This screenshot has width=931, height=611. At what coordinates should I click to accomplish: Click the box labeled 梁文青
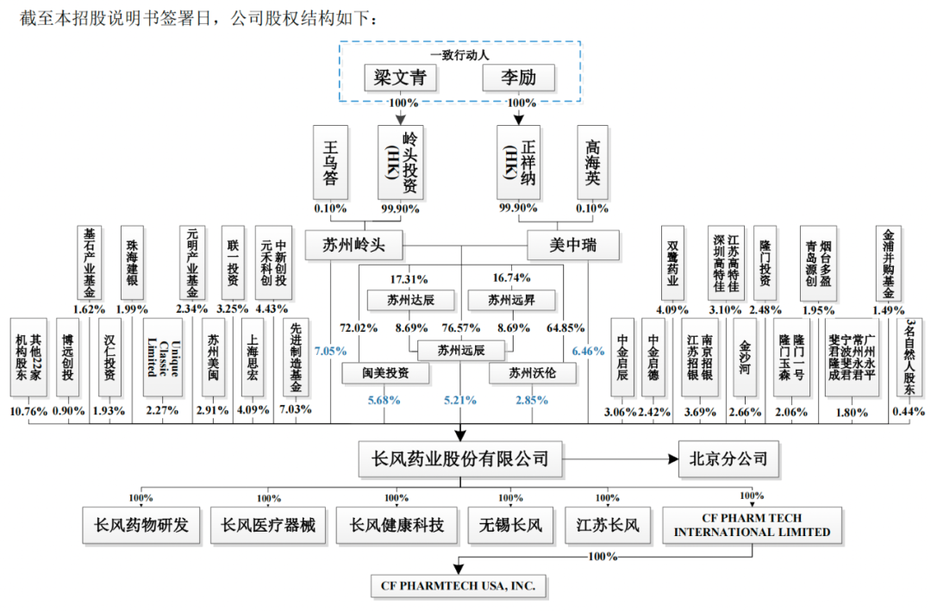coord(400,78)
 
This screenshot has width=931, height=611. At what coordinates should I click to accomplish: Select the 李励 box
coord(518,78)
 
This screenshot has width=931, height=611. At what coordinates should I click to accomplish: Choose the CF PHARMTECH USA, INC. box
coord(459,585)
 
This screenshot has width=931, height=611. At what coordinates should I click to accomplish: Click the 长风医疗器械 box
coord(268,525)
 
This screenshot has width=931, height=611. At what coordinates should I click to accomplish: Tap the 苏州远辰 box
coord(461,350)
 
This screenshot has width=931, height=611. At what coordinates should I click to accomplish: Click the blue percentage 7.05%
coord(329,351)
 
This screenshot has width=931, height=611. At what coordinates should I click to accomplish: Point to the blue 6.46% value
coord(588,351)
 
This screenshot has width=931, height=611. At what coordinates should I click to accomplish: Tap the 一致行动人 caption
coord(459,55)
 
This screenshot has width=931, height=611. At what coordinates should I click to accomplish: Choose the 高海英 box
coord(593,160)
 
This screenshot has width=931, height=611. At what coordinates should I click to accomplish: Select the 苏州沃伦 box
coord(532,373)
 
